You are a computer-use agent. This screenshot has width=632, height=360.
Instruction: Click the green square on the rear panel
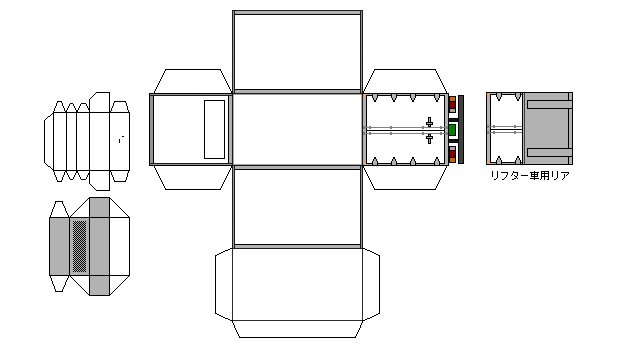point(452,130)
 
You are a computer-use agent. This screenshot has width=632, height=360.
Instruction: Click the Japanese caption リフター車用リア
point(530,176)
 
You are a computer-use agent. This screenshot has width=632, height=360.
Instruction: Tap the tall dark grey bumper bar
point(461,129)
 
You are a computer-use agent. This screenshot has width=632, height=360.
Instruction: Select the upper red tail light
point(452,105)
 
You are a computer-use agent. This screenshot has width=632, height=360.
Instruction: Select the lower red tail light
point(452,154)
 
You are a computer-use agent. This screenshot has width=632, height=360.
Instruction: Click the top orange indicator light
point(452,99)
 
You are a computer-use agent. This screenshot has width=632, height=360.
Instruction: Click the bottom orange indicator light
point(452,160)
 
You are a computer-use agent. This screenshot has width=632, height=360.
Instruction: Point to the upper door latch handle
point(429,122)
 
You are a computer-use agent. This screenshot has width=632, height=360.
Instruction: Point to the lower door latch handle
point(429,138)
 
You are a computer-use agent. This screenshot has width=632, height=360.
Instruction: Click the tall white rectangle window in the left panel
point(214,129)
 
